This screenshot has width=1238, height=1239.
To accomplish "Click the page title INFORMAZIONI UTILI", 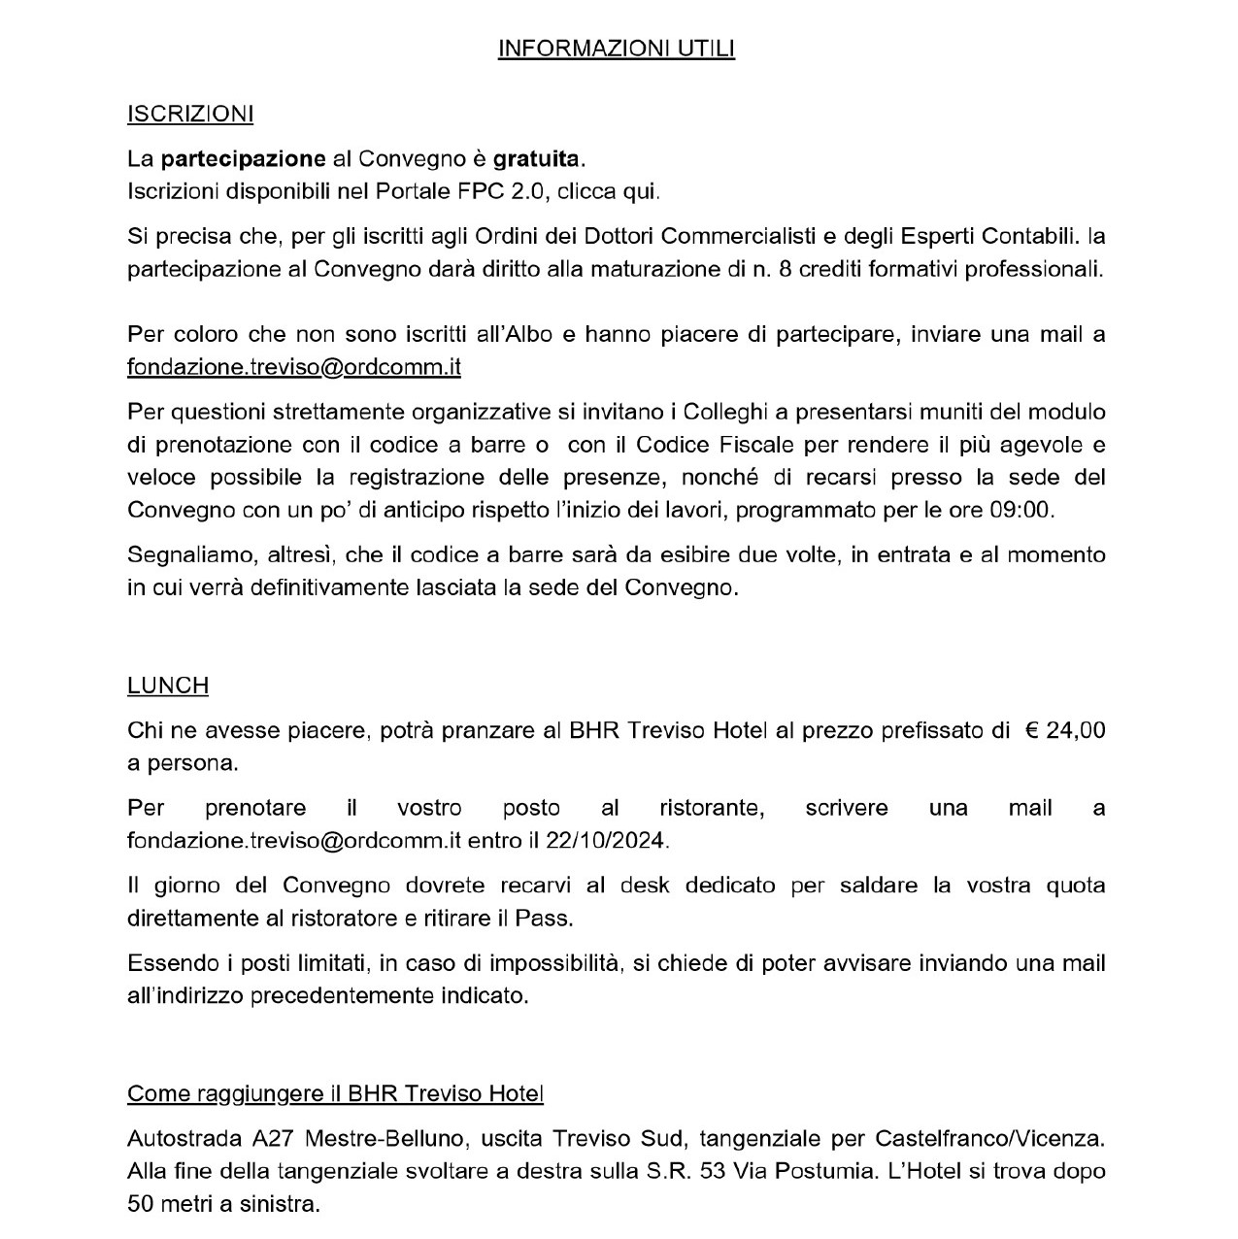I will click(616, 49).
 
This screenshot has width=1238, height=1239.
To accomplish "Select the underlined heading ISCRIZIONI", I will click(190, 114).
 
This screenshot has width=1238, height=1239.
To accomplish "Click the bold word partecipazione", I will click(243, 157).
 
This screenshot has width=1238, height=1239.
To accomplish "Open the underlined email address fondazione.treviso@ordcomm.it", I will click(293, 367).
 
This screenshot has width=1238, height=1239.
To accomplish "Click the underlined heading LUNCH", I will click(168, 686).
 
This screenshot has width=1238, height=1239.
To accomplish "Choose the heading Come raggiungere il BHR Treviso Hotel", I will click(335, 1093).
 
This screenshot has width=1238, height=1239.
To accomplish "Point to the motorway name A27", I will click(251, 1137).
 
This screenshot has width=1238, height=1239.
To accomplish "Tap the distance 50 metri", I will click(173, 1204).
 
